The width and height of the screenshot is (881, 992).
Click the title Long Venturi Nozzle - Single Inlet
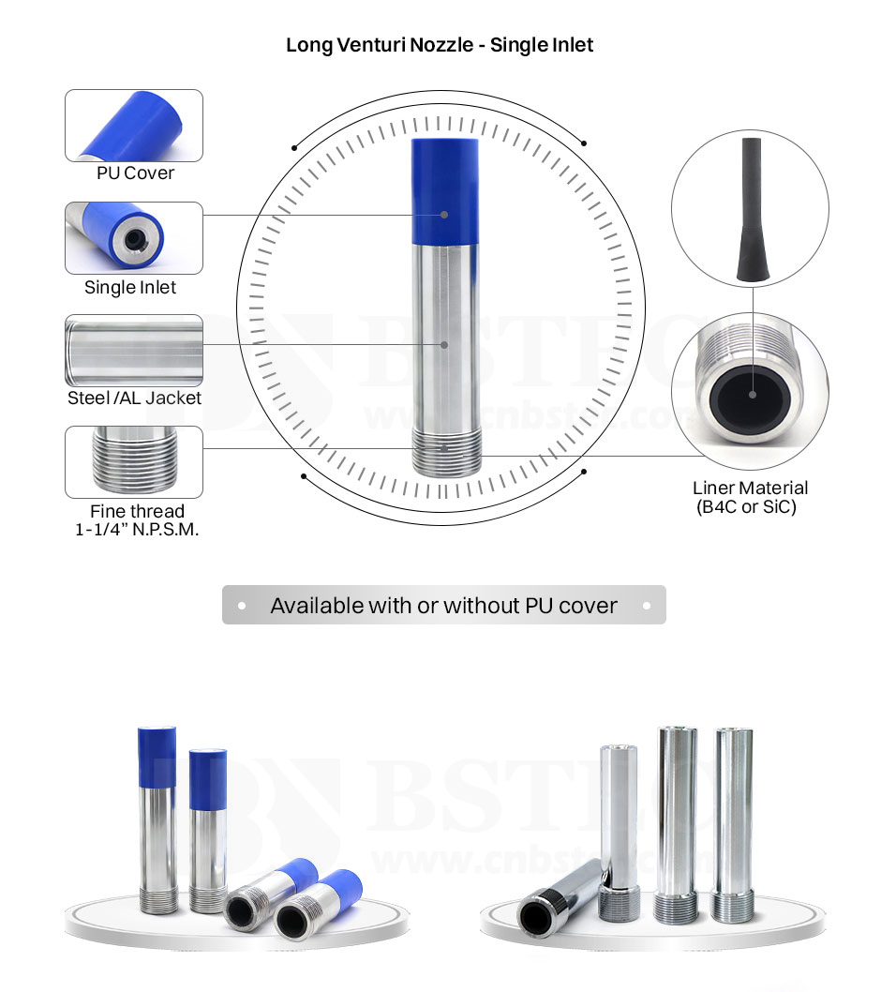click(440, 45)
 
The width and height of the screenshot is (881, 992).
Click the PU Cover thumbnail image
click(134, 126)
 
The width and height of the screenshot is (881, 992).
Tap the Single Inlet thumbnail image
click(134, 238)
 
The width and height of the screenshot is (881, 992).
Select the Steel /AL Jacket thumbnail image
click(134, 351)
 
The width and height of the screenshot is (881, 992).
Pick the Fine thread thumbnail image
click(134, 462)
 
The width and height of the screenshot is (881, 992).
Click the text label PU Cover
click(135, 173)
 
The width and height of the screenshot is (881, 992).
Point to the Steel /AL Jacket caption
click(134, 398)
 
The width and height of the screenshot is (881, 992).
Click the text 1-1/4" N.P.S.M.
click(137, 530)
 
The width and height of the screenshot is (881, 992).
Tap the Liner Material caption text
click(750, 488)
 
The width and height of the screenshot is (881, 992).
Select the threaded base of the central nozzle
click(446, 451)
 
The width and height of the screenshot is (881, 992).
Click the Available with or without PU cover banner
click(443, 606)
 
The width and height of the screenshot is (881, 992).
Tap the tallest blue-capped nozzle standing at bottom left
click(157, 816)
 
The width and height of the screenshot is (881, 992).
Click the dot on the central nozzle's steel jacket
click(445, 344)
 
